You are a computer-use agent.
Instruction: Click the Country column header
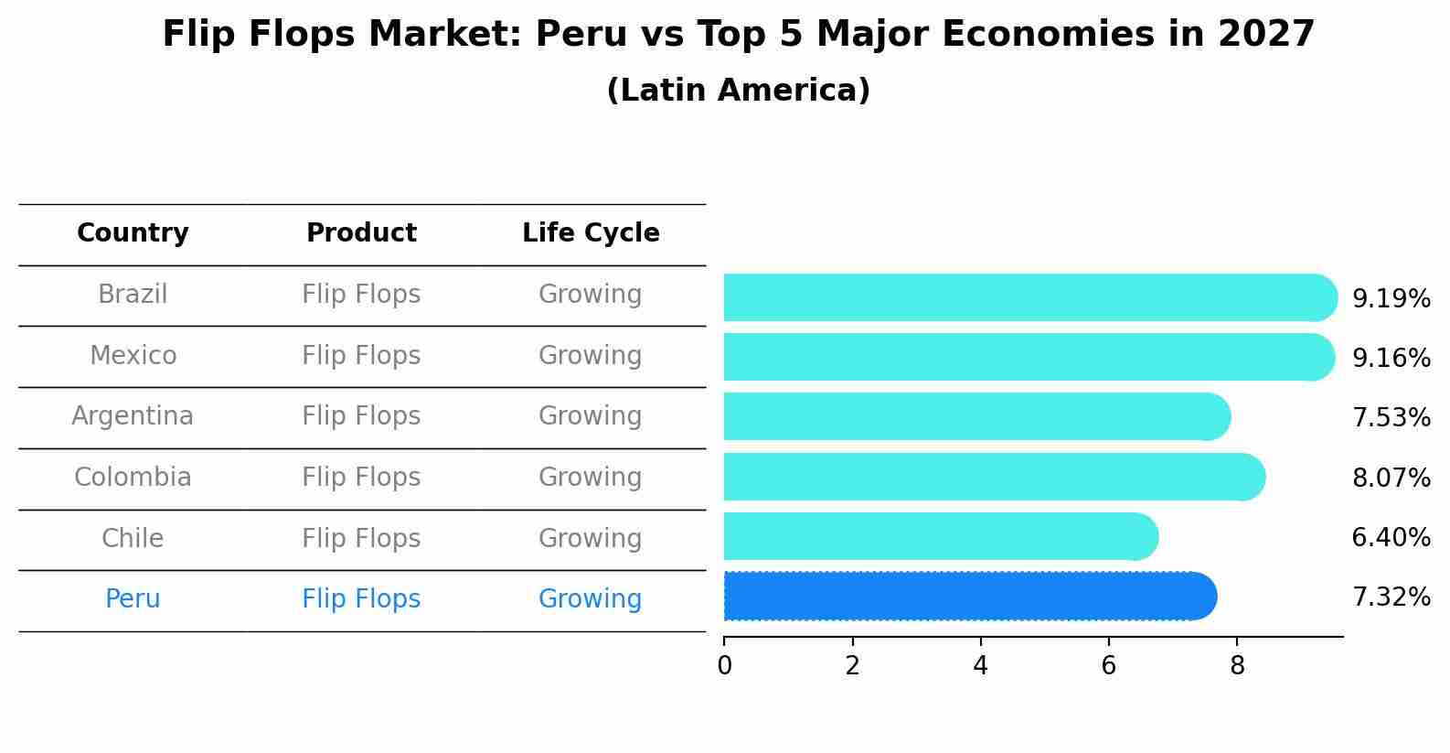133,233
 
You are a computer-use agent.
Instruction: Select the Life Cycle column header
591,233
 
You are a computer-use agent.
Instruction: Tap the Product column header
361,233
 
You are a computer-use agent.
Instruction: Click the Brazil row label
133,295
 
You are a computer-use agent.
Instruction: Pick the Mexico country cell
133,355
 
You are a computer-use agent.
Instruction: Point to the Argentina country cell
133,416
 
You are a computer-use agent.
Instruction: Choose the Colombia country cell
133,478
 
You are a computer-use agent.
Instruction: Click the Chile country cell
133,538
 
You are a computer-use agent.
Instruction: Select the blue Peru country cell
133,599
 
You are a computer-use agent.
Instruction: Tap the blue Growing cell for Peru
591,599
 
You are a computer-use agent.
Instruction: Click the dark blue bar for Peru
969,597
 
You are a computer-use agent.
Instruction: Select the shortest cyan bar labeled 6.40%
940,536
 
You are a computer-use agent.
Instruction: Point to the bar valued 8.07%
994,477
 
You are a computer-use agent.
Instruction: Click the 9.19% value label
1391,299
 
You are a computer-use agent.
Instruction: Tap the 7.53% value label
1391,418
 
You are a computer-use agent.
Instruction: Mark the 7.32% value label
1391,597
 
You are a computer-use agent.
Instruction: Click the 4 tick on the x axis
981,666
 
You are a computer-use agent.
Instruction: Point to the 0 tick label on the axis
724,666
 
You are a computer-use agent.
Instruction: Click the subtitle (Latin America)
738,91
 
